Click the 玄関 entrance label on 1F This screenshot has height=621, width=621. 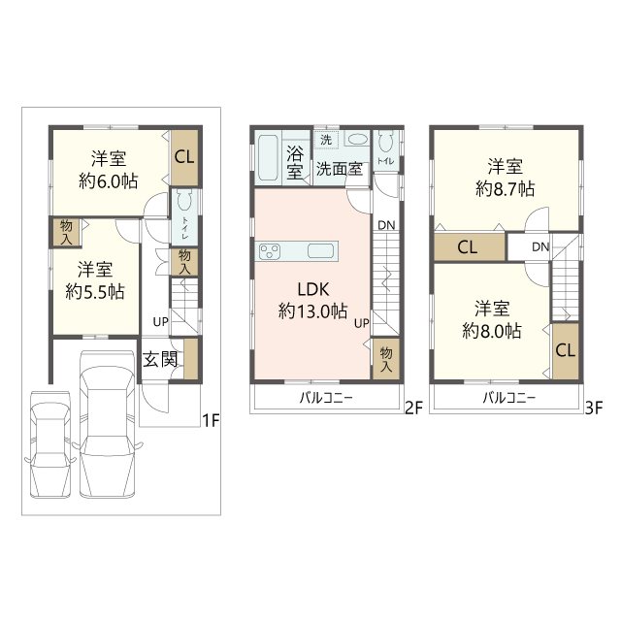pyautogui.click(x=159, y=359)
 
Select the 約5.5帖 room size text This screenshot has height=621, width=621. pyautogui.click(x=94, y=290)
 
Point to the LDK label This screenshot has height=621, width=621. pyautogui.click(x=311, y=288)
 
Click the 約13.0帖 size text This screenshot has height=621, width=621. pyautogui.click(x=312, y=311)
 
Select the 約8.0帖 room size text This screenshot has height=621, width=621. pyautogui.click(x=493, y=331)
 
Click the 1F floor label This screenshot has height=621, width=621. pyautogui.click(x=211, y=420)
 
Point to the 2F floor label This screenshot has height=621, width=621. pyautogui.click(x=413, y=409)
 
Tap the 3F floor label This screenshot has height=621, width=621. pyautogui.click(x=594, y=409)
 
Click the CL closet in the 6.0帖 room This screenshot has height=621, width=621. pyautogui.click(x=183, y=156)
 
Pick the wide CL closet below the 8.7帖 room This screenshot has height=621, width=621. pyautogui.click(x=467, y=247)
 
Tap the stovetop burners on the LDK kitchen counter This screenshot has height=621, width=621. pyautogui.click(x=269, y=252)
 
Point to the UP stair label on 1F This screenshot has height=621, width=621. pyautogui.click(x=158, y=321)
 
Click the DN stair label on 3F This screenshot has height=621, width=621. pyautogui.click(x=539, y=247)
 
